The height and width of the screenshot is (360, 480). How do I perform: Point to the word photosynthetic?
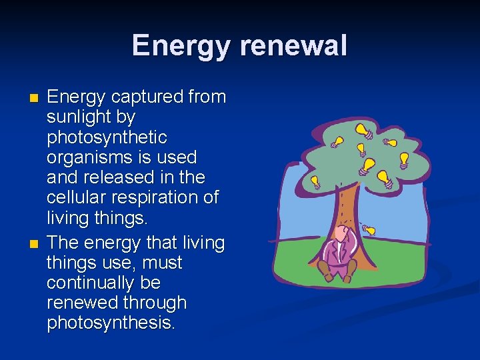tap(107, 137)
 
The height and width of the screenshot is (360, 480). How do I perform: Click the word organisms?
tap(83, 157)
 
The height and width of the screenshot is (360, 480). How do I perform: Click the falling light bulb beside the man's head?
tap(369, 230)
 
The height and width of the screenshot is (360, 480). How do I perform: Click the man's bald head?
tap(341, 233)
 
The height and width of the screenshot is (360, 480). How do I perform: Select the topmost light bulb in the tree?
tap(362, 129)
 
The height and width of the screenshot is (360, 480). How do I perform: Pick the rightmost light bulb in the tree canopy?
tap(403, 160)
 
